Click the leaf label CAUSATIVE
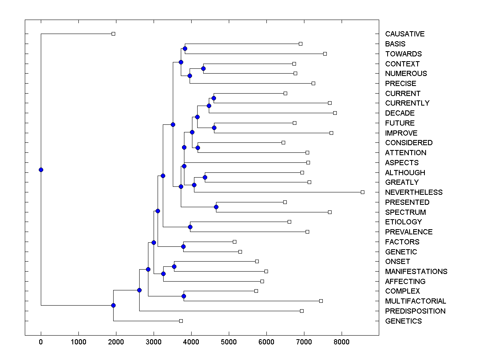(404, 34)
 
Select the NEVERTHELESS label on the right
(414, 192)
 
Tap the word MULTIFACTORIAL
(415, 301)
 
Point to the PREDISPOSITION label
(415, 311)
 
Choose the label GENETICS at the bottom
(403, 321)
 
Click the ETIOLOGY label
(403, 222)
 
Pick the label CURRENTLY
(407, 103)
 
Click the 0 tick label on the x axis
(41, 342)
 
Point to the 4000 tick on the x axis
(191, 342)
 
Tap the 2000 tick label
(116, 342)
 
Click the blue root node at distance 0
(41, 170)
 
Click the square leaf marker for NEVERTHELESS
(362, 192)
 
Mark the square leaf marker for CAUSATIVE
(113, 34)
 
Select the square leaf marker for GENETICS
(181, 321)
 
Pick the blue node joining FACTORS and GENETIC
(183, 246)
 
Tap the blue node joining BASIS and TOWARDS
(185, 49)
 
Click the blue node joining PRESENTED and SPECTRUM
(216, 207)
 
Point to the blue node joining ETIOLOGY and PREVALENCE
(190, 227)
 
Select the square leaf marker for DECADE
(335, 113)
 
